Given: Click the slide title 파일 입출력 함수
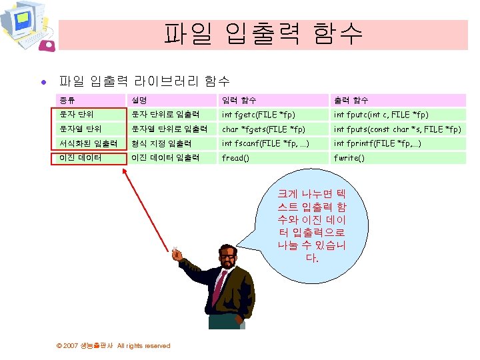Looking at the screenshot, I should tap(263, 33).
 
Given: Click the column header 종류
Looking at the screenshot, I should tap(67, 100).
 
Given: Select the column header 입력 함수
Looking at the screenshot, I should tap(239, 100).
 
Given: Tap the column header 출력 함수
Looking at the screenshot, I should tap(351, 100).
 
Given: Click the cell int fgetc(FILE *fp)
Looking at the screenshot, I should tap(258, 115).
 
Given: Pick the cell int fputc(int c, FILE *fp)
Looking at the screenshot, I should tap(381, 115).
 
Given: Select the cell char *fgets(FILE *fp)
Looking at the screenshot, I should tap(263, 129).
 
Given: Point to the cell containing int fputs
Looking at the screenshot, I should tap(397, 129).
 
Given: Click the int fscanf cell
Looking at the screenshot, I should tap(265, 143).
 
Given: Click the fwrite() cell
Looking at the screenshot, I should tap(349, 158).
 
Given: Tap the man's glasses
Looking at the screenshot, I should tap(229, 257).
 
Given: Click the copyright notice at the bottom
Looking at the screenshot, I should tap(113, 345).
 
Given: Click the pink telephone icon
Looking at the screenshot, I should tap(48, 45).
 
